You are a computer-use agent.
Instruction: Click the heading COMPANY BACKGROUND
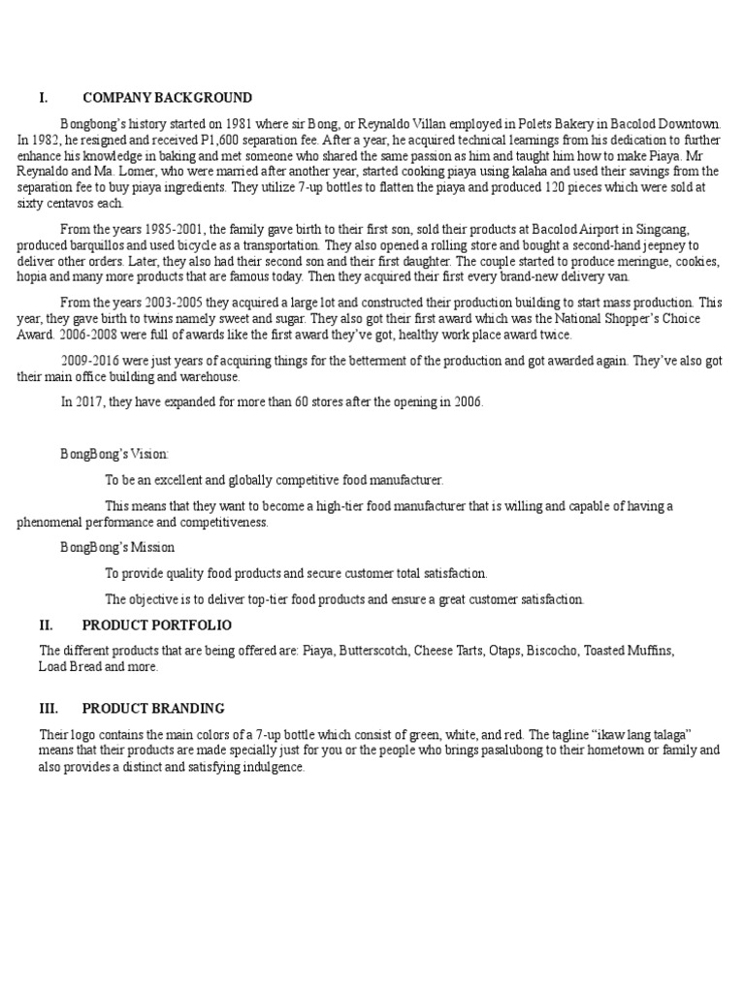click(x=167, y=98)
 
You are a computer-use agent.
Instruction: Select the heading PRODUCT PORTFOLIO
click(x=157, y=625)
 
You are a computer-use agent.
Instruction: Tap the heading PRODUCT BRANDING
click(x=153, y=709)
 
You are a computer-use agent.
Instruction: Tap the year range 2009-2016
click(x=94, y=361)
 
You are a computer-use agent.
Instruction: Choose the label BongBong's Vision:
click(x=114, y=454)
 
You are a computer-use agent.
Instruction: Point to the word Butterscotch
click(x=372, y=651)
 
